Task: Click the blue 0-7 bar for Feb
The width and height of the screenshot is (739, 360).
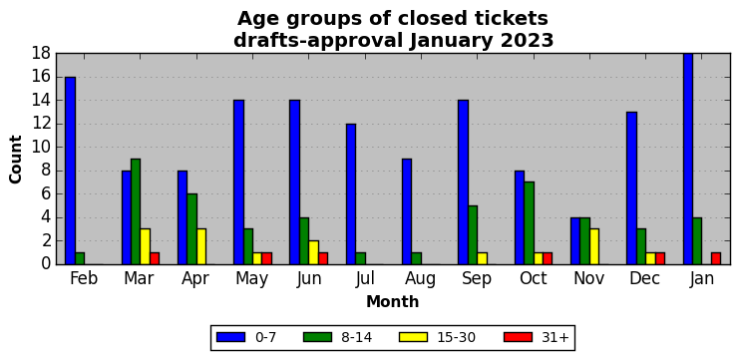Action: [70, 171]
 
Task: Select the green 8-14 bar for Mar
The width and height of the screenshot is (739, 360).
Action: [136, 211]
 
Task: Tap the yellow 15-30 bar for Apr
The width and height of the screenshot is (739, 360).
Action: [201, 246]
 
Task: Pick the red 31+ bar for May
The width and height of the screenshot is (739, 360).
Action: [266, 258]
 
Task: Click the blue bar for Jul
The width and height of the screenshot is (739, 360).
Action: [351, 194]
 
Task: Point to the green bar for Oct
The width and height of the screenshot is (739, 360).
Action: [529, 223]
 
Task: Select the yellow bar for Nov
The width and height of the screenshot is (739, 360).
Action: [594, 246]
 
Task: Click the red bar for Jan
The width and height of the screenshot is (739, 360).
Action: [716, 258]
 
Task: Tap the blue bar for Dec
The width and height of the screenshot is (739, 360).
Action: [631, 188]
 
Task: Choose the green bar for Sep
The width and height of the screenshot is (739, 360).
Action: [473, 234]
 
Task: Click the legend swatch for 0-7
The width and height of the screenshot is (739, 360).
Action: [231, 337]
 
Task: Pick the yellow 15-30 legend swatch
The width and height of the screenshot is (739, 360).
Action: [413, 337]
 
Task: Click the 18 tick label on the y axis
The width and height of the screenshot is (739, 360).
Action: [41, 54]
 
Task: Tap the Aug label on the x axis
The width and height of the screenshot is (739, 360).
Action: [421, 278]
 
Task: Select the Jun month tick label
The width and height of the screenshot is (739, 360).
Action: [309, 278]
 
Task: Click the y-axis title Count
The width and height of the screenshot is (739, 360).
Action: [16, 160]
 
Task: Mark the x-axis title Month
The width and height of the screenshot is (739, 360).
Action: [393, 301]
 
